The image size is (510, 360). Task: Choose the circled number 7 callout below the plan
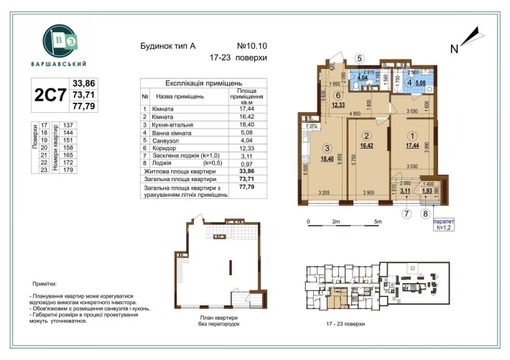pos(406,213)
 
